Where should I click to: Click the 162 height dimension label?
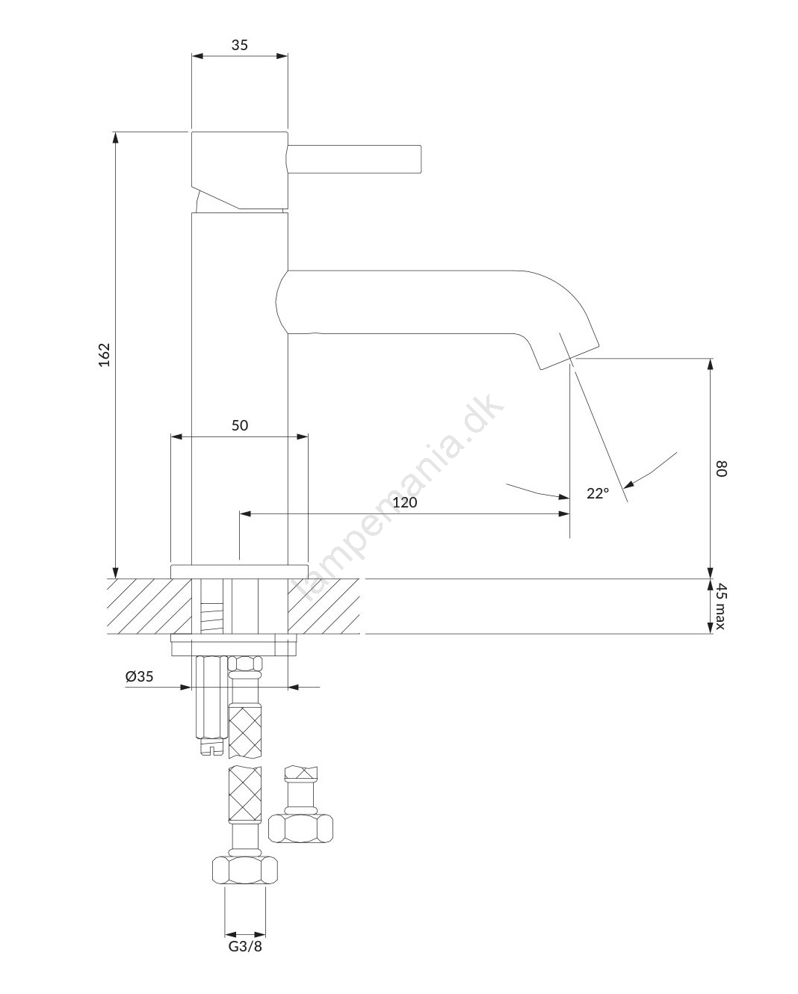(105, 355)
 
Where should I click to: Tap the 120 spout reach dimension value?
(404, 502)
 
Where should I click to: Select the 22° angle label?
(598, 494)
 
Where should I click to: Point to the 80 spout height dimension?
(721, 469)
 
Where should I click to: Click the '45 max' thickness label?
(721, 605)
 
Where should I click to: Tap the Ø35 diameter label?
(139, 676)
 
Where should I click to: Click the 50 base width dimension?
(240, 425)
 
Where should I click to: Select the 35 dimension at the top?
(240, 45)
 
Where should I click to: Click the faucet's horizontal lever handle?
(354, 160)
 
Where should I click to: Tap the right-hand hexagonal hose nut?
(300, 828)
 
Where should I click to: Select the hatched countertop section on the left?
(149, 606)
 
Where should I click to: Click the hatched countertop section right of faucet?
(324, 606)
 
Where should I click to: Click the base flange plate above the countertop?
(239, 571)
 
